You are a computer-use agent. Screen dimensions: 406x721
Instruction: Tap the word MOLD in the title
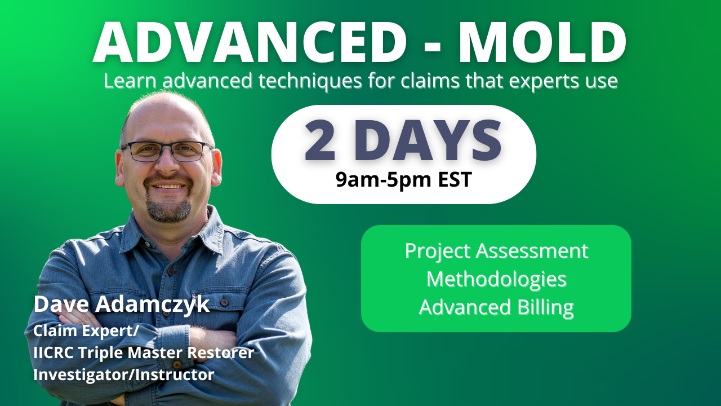542,43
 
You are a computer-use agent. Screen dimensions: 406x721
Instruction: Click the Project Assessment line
496,250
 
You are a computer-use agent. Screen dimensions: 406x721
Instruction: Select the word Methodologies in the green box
496,279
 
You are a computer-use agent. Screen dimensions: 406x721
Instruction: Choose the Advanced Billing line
496,307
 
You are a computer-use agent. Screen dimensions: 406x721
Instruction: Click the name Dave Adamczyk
121,304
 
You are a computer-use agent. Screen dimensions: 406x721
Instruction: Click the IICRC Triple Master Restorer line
144,353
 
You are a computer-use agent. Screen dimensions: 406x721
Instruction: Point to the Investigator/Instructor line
123,374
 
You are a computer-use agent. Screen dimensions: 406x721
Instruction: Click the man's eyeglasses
167,151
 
